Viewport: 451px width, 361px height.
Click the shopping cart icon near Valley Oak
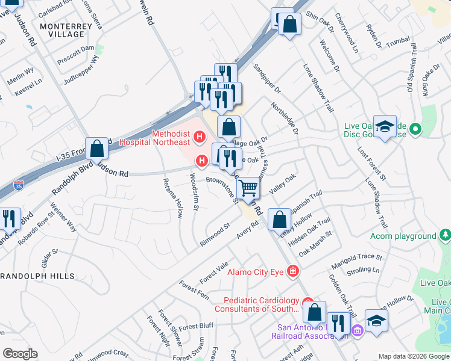(x=248, y=188)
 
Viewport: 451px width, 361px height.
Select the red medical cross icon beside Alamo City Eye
(x=292, y=271)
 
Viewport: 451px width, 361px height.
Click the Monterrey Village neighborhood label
(x=61, y=30)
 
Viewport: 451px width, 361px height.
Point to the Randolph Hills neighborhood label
(x=37, y=276)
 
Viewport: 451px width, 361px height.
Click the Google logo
(x=20, y=354)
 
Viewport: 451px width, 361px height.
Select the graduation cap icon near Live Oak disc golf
(x=385, y=126)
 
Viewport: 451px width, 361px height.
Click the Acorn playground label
(x=403, y=236)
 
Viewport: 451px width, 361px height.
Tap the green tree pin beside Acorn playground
(x=445, y=234)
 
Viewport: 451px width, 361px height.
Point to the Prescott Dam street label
(x=76, y=48)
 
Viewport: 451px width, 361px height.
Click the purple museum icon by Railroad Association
(x=357, y=329)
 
